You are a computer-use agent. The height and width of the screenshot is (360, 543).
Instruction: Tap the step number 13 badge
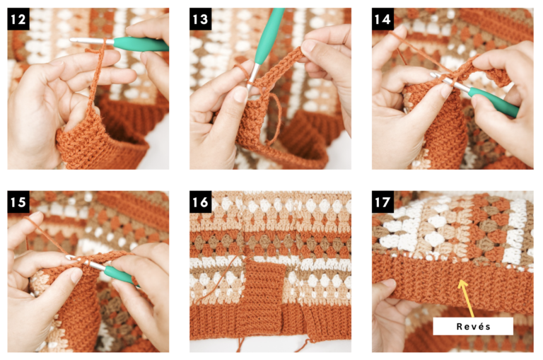[x=201, y=19]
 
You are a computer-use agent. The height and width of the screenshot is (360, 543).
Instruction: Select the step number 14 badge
[x=383, y=19]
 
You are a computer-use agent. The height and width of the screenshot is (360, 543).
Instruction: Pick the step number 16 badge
[x=201, y=202]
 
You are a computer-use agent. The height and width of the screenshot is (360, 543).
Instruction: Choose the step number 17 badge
[x=383, y=202]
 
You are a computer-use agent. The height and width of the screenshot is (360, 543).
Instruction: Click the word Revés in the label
[x=472, y=326]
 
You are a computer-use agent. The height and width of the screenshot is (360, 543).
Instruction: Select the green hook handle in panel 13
[x=268, y=35]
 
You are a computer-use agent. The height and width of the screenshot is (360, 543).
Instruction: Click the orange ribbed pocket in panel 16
[x=266, y=294]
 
